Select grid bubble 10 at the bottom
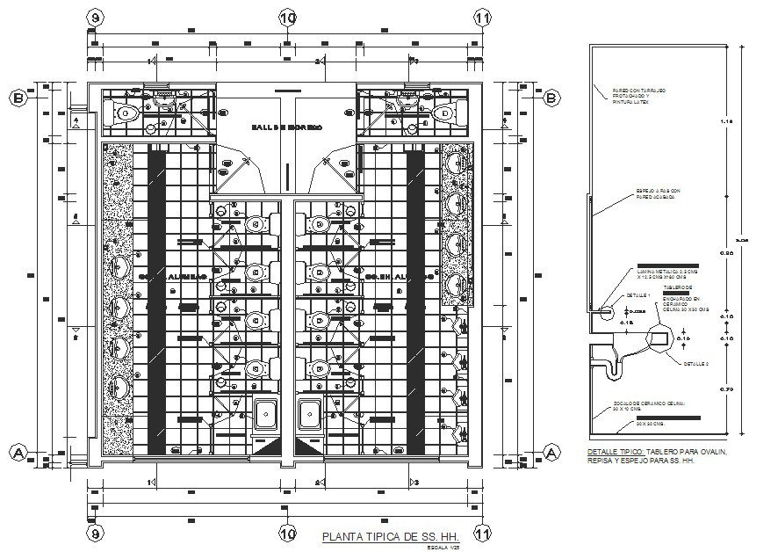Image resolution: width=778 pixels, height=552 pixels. coord(287,533)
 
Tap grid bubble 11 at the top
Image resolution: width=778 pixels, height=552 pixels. coord(480,18)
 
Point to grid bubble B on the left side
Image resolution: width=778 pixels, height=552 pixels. coord(17,98)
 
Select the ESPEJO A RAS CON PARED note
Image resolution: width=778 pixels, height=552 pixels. coord(658,193)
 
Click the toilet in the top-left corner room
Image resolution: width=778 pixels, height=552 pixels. coord(126,113)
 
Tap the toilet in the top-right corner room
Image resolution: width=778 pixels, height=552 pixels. coord(444,113)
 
